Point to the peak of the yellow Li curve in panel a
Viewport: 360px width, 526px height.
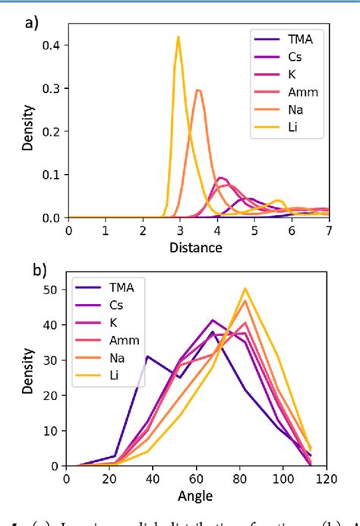(x=178, y=36)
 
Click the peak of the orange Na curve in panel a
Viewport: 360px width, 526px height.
(x=197, y=90)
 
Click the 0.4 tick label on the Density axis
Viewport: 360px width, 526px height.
(x=52, y=45)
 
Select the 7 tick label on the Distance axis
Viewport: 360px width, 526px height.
(x=328, y=231)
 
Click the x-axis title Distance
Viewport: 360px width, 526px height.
(x=197, y=247)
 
